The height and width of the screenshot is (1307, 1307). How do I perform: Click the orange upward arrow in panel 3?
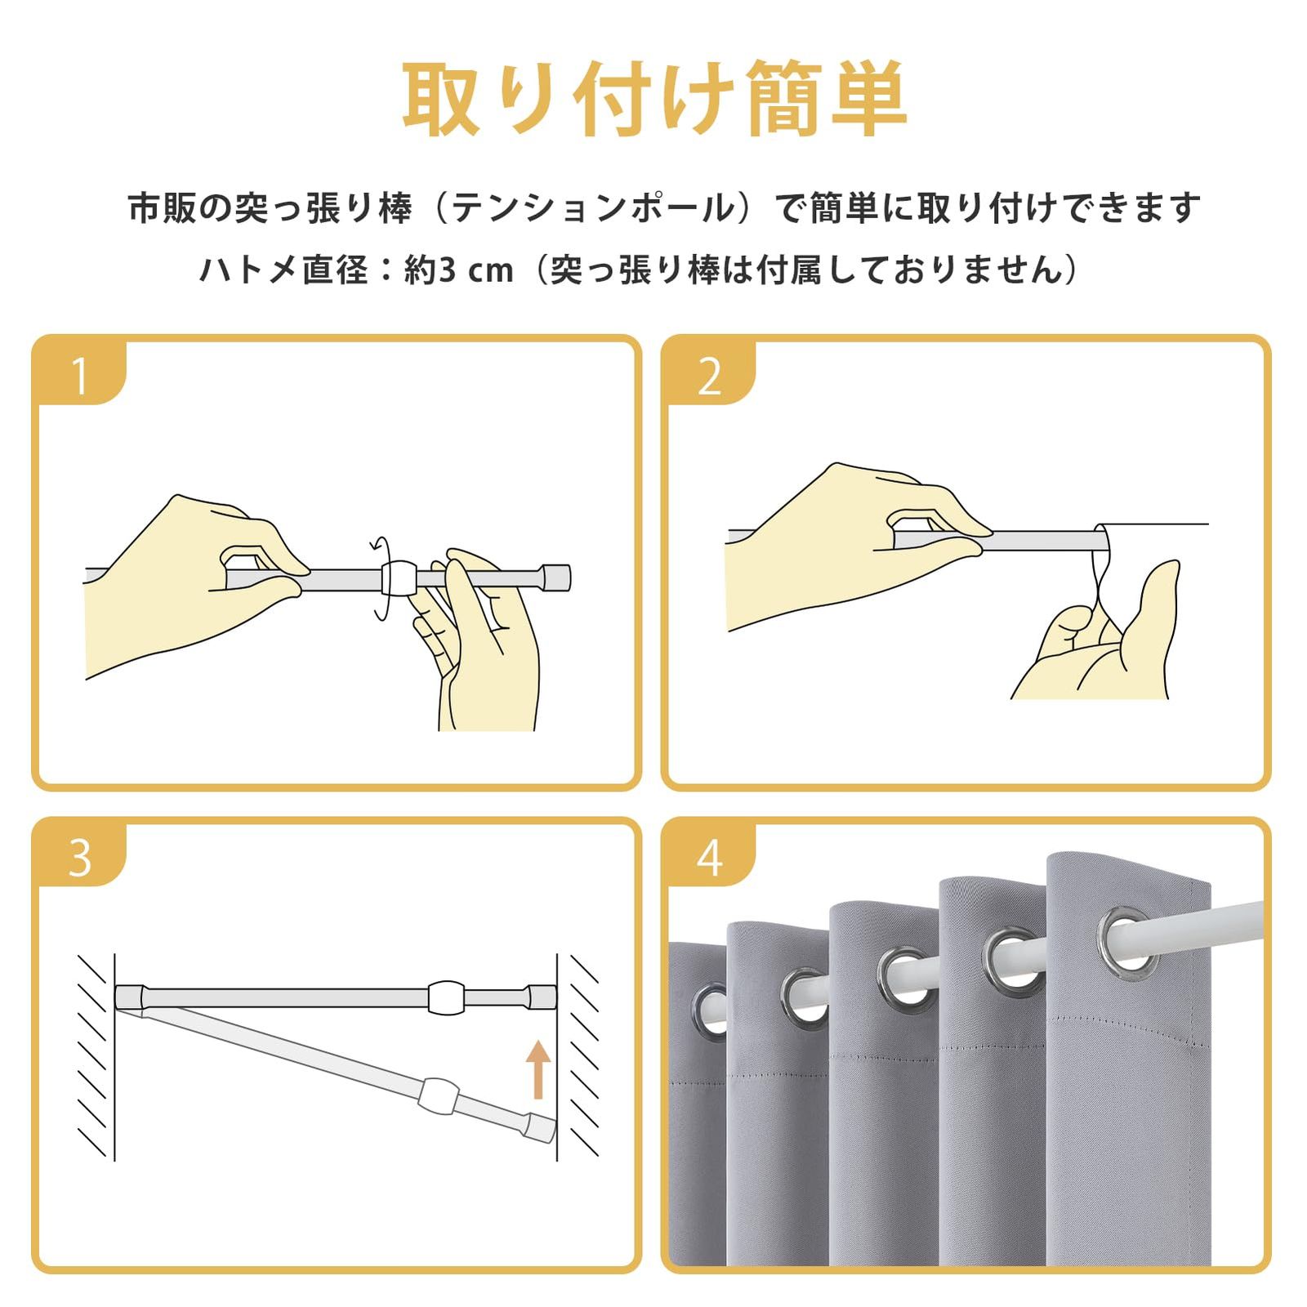[538, 1069]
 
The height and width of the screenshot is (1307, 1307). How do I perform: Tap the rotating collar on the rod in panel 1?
[399, 578]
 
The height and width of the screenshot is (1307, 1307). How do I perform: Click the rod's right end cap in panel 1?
[558, 577]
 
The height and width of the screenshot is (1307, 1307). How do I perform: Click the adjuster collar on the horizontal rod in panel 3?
[446, 997]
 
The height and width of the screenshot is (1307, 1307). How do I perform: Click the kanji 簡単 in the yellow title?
[826, 98]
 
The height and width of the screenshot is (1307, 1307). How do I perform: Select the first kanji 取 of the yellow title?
[441, 98]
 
